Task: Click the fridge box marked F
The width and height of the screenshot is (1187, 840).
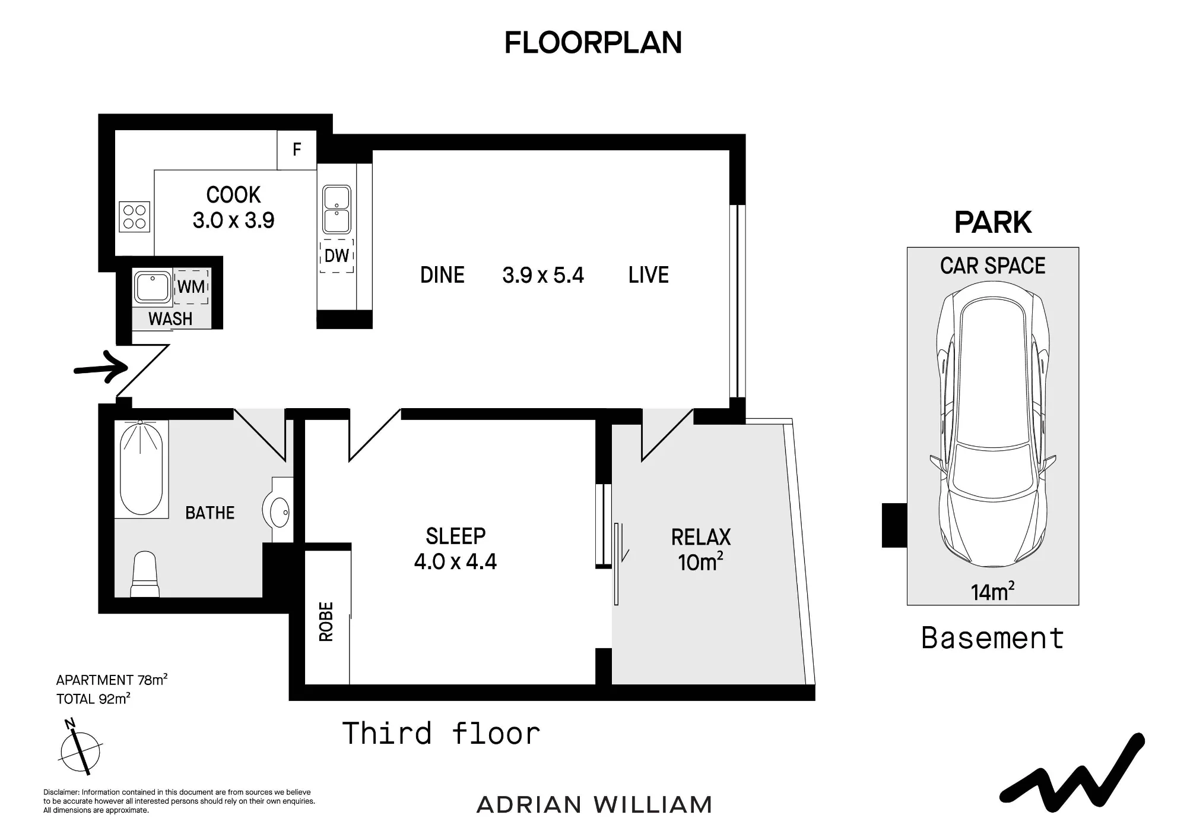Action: click(x=297, y=150)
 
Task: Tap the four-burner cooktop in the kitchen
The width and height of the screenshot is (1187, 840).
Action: click(x=135, y=217)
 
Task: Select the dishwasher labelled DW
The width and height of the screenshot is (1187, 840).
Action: click(x=337, y=256)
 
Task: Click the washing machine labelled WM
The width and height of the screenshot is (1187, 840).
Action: click(x=191, y=287)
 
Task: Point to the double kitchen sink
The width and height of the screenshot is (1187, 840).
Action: click(x=337, y=209)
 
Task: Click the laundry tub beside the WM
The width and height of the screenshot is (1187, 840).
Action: click(x=152, y=287)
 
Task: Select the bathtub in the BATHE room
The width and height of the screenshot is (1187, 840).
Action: click(x=141, y=468)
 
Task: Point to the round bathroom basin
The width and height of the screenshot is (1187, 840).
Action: click(x=276, y=511)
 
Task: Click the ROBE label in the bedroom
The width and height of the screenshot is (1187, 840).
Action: click(x=326, y=621)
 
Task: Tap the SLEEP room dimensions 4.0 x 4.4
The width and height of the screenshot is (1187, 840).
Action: click(x=455, y=561)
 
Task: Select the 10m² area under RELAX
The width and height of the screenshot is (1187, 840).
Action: click(x=701, y=561)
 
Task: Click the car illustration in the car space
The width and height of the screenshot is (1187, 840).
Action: click(x=992, y=424)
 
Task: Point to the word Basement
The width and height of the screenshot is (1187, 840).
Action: click(x=992, y=638)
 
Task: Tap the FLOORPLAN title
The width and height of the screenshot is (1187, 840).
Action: click(x=593, y=43)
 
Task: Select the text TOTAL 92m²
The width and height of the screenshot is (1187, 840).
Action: click(x=93, y=699)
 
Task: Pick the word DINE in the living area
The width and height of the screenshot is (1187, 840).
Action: click(x=442, y=275)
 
